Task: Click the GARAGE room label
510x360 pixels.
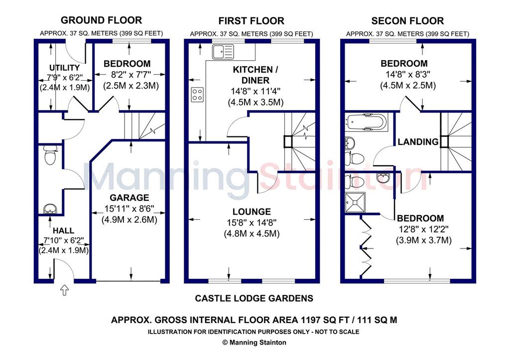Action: click(x=129, y=197)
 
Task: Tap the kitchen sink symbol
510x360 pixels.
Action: click(x=223, y=52)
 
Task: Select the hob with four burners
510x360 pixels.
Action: click(x=197, y=95)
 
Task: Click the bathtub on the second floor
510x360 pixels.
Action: click(x=366, y=122)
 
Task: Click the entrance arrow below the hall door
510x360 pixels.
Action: click(x=64, y=290)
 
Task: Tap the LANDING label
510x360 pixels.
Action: click(x=418, y=142)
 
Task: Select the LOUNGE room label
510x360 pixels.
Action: click(x=252, y=212)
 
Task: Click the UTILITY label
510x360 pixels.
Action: click(x=64, y=68)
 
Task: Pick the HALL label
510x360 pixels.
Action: click(x=63, y=231)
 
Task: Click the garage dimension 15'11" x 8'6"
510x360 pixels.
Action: click(x=129, y=209)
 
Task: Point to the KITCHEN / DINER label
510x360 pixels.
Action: click(x=255, y=75)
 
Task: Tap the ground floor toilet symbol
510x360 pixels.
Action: click(x=50, y=155)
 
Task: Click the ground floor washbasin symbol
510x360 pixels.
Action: click(x=50, y=209)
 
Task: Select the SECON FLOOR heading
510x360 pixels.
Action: click(x=407, y=21)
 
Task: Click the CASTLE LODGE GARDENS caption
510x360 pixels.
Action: click(x=254, y=298)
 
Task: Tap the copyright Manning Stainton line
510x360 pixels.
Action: click(x=254, y=343)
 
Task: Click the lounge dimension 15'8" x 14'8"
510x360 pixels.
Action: click(x=252, y=223)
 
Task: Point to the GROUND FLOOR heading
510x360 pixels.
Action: click(x=102, y=20)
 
